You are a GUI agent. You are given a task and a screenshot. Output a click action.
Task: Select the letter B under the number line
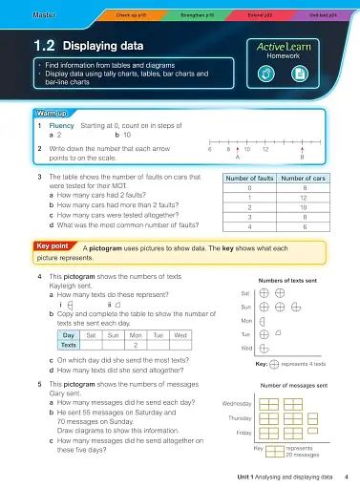coord(301,159)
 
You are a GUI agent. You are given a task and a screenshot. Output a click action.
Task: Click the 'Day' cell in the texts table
coord(70,336)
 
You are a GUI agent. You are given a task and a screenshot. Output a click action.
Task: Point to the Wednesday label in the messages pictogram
coord(236,404)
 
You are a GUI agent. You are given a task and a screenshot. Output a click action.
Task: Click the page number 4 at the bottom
coord(346,476)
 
